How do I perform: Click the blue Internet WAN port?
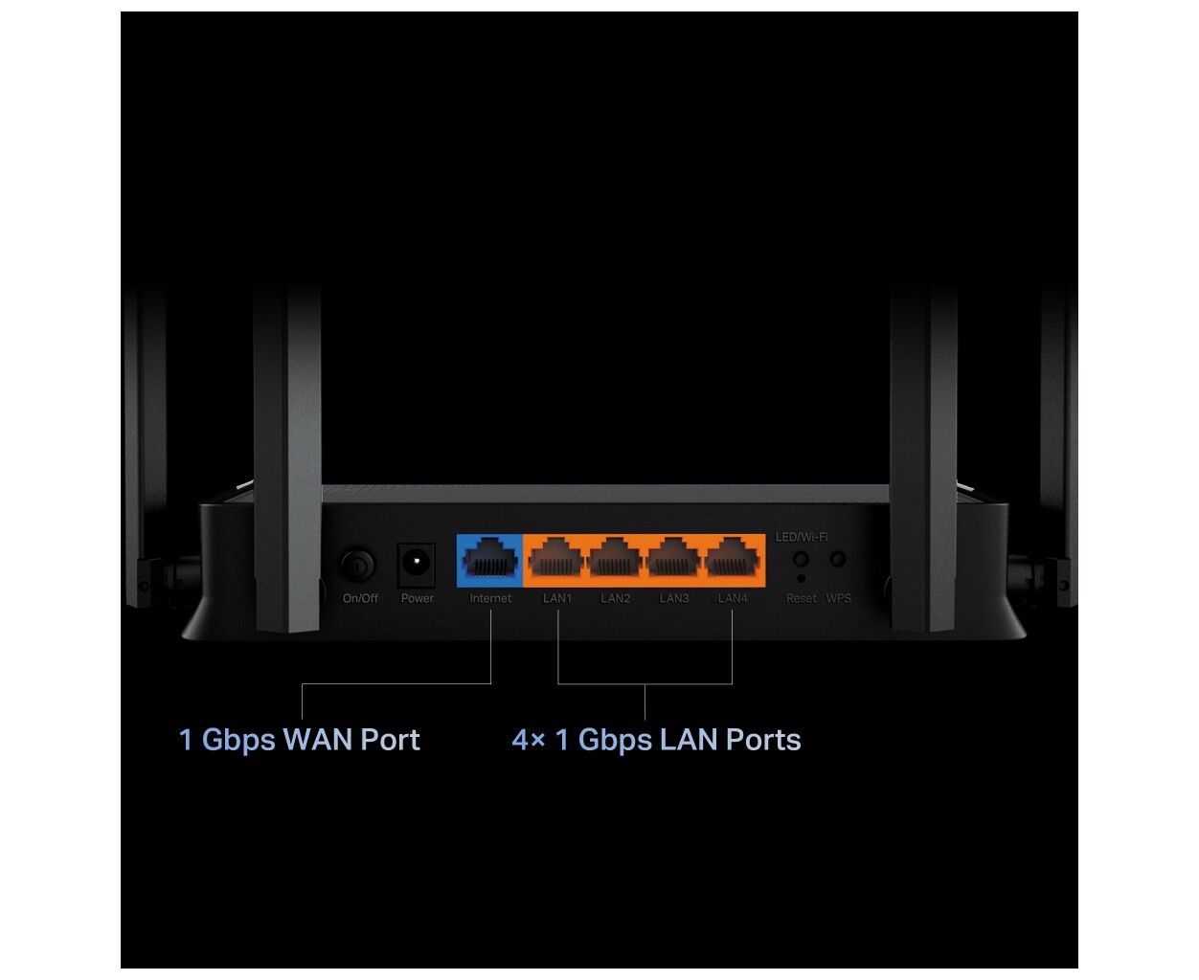490,561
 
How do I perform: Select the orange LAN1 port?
556,561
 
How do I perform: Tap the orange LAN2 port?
615,561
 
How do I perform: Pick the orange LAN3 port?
674,561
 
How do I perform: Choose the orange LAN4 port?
733,561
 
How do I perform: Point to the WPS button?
838,559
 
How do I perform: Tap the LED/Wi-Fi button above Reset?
802,559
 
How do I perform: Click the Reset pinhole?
802,579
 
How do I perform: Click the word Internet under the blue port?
490,599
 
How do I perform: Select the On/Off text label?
360,599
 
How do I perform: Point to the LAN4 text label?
733,599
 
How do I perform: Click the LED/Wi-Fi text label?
802,537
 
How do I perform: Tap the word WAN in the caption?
318,740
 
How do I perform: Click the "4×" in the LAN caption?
529,740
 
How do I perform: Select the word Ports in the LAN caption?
763,740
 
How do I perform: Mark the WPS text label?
839,599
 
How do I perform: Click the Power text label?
418,599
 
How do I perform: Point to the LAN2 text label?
615,599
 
